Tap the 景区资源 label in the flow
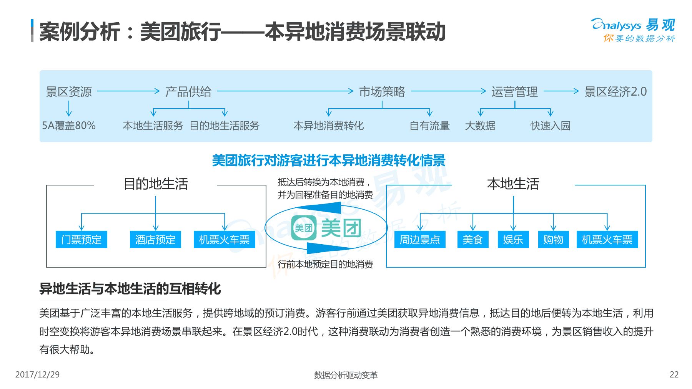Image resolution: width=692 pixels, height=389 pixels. pyautogui.click(x=69, y=92)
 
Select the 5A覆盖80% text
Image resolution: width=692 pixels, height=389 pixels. pyautogui.click(x=69, y=126)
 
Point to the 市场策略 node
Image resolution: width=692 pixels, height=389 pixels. pyautogui.click(x=382, y=92)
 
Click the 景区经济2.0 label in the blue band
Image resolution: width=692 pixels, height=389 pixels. pyautogui.click(x=615, y=92)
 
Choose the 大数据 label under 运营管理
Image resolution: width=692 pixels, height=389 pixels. pyautogui.click(x=480, y=126)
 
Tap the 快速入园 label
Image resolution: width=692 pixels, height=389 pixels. pyautogui.click(x=550, y=126)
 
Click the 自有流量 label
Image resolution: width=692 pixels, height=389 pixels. pyautogui.click(x=429, y=126)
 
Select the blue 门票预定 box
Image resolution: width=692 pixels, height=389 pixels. pyautogui.click(x=81, y=240)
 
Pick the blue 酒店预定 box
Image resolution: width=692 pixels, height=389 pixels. pyautogui.click(x=155, y=240)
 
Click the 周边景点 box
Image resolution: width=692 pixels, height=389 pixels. pyautogui.click(x=420, y=240)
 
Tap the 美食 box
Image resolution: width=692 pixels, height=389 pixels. pyautogui.click(x=472, y=240)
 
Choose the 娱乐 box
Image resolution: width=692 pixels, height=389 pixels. pyautogui.click(x=513, y=240)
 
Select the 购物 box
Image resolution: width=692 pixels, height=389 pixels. pyautogui.click(x=553, y=240)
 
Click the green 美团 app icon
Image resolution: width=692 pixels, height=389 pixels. pyautogui.click(x=304, y=228)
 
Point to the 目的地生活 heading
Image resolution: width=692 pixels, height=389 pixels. pyautogui.click(x=156, y=184)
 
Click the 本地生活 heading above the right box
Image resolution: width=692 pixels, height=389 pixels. pyautogui.click(x=513, y=184)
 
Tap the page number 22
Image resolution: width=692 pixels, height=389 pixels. pyautogui.click(x=674, y=374)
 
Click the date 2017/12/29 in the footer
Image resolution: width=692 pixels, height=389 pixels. pyautogui.click(x=37, y=374)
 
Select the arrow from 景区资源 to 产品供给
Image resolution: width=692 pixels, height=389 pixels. pyautogui.click(x=128, y=91)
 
